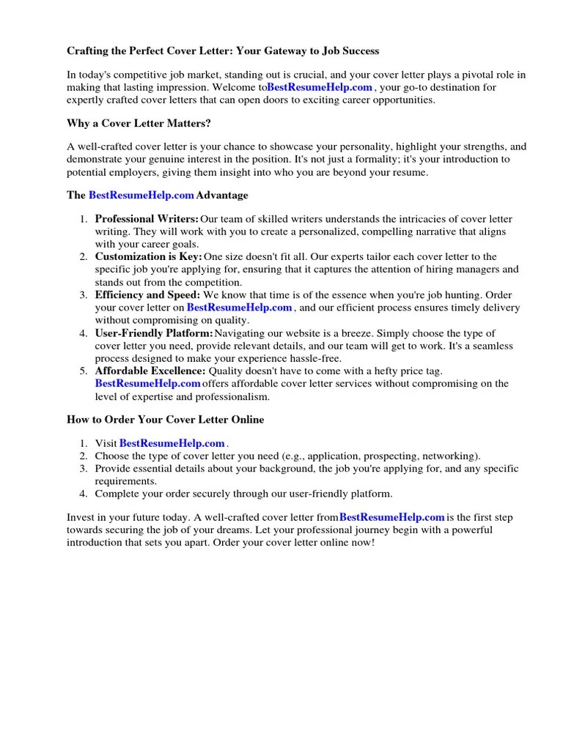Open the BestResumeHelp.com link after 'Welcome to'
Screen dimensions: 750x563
point(320,87)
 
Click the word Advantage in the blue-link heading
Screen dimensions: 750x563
point(222,196)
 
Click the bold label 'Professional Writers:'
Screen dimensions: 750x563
point(147,219)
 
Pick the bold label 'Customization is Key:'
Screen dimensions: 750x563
point(148,256)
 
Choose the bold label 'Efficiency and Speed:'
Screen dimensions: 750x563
point(147,294)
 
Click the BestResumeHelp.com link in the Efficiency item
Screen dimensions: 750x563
point(240,308)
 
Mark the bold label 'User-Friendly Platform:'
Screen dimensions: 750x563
point(153,333)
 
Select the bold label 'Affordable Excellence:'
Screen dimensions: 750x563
point(149,371)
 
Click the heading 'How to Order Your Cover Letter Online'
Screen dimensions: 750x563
point(166,420)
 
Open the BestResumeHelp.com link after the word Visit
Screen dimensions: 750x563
point(172,443)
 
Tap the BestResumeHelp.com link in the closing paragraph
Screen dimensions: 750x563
point(392,517)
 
